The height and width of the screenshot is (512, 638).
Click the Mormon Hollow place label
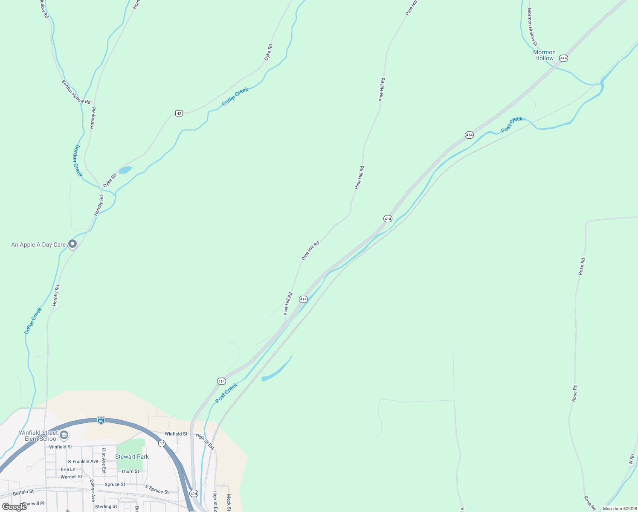tap(544, 55)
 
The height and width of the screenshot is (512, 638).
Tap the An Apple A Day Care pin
tap(72, 244)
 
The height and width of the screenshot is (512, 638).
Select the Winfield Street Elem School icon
tap(64, 435)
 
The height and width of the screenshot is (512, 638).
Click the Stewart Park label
tap(132, 457)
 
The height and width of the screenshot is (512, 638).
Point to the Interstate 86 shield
tap(101, 420)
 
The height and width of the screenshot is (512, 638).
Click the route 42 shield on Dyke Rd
tap(179, 113)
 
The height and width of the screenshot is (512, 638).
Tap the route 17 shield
tap(162, 444)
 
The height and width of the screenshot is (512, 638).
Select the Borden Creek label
tap(78, 160)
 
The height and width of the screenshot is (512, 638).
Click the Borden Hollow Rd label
tap(76, 92)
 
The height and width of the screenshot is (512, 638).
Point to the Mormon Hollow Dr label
tap(532, 27)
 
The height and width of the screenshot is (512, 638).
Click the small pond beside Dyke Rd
tap(125, 170)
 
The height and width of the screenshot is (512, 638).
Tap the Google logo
tap(14, 507)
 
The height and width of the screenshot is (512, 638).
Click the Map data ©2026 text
tap(620, 509)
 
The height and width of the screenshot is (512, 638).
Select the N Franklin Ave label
tap(83, 462)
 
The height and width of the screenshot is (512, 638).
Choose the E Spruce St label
tap(157, 489)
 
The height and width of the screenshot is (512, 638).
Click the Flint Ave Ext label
tap(104, 460)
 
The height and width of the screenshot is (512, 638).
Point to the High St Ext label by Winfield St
tap(205, 441)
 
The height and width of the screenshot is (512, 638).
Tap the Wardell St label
tap(71, 477)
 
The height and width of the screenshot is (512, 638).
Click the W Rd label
tap(632, 460)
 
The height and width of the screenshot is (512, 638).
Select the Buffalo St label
tap(23, 493)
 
